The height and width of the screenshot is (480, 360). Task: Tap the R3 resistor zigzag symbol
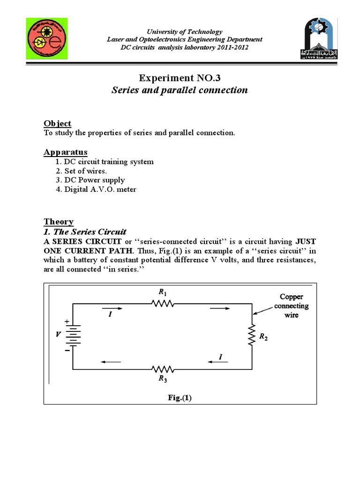tap(163, 369)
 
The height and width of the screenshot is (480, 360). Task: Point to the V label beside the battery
tap(58, 335)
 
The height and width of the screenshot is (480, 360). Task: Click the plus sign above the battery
tap(67, 321)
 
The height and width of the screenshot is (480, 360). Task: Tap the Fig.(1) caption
tap(180, 397)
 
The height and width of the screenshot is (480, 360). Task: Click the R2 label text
tap(263, 337)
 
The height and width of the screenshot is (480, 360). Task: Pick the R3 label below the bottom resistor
tap(163, 380)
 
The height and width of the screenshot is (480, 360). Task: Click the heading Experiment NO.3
tap(180, 77)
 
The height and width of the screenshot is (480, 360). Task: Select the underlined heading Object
tap(57, 123)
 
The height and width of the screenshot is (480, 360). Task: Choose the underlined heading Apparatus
tap(65, 152)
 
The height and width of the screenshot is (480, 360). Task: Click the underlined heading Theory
tap(59, 222)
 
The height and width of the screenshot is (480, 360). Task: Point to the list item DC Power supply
tap(90, 180)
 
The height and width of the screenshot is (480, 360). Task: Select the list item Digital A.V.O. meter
tap(96, 189)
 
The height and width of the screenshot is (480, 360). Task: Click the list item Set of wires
tap(82, 171)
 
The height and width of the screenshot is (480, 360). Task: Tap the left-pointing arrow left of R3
tap(110, 361)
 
